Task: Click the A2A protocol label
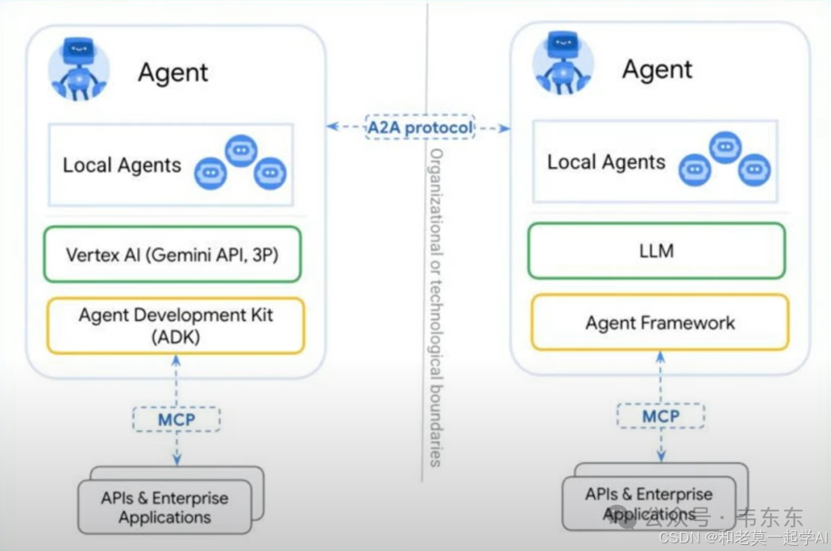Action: pyautogui.click(x=419, y=127)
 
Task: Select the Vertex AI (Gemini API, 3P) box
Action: pyautogui.click(x=172, y=254)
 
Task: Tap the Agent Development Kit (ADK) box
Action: pyautogui.click(x=175, y=326)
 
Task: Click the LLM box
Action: pyautogui.click(x=656, y=251)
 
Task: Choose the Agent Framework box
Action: pyautogui.click(x=659, y=322)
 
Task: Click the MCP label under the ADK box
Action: pyautogui.click(x=176, y=419)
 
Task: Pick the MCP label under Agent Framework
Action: pyautogui.click(x=661, y=416)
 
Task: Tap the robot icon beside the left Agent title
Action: pyautogui.click(x=79, y=68)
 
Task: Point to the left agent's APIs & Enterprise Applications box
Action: pyautogui.click(x=165, y=507)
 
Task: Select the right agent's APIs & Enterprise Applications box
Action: pyautogui.click(x=649, y=504)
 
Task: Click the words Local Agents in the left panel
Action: pyautogui.click(x=122, y=165)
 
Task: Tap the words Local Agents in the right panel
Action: pyautogui.click(x=606, y=162)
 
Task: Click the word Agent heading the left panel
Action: pyautogui.click(x=173, y=73)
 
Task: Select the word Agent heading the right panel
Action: pyautogui.click(x=657, y=69)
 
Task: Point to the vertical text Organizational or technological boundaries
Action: pyautogui.click(x=436, y=308)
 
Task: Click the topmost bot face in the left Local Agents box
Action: pyautogui.click(x=240, y=150)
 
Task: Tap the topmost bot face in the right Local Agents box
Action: pyautogui.click(x=725, y=146)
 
